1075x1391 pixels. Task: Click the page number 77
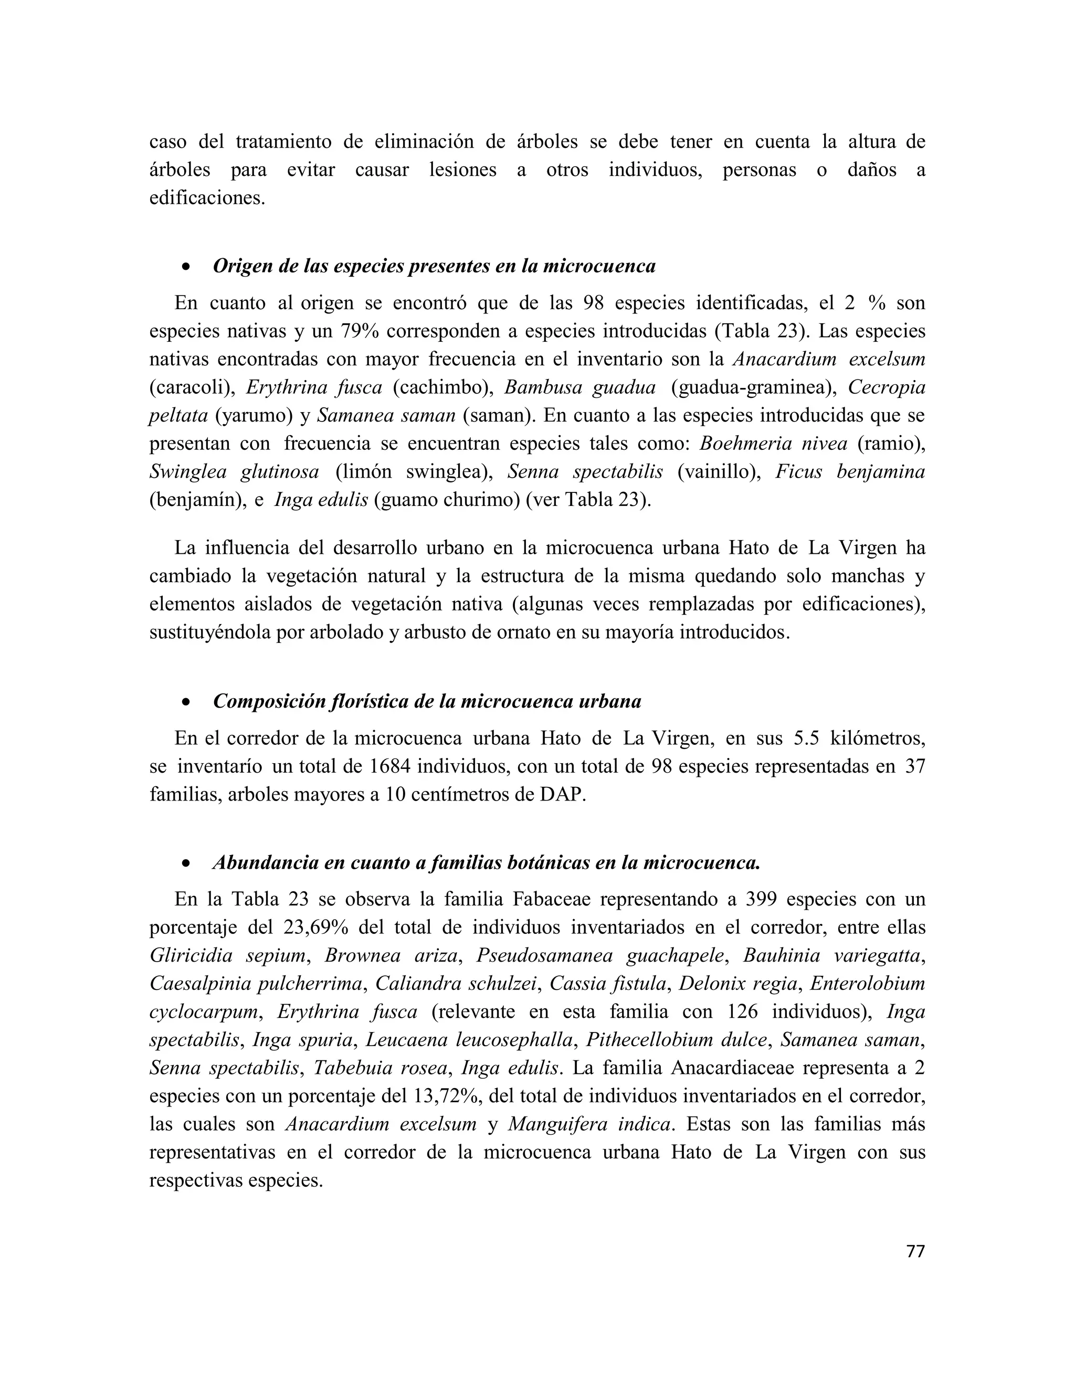click(914, 1251)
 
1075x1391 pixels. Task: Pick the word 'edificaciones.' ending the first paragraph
click(207, 197)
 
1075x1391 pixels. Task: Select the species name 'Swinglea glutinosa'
click(234, 472)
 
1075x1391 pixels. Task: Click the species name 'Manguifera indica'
click(589, 1124)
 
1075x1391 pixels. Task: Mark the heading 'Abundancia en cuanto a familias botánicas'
click(486, 863)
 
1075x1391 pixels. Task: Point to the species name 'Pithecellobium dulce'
click(676, 1040)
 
